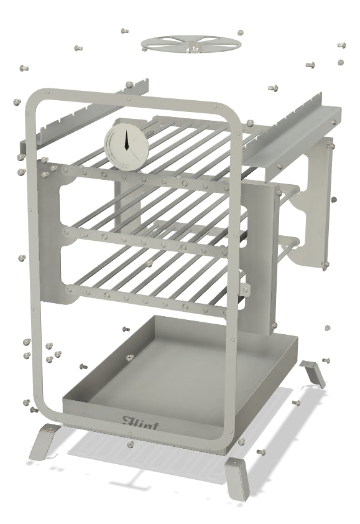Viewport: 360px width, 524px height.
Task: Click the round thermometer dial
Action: [126, 144]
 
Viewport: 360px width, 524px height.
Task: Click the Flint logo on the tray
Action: [140, 423]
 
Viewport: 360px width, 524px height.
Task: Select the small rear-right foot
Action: [313, 372]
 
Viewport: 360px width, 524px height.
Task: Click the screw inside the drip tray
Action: [129, 358]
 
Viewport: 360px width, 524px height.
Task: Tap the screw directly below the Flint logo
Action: [130, 444]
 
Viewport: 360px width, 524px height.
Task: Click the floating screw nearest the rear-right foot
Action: [326, 359]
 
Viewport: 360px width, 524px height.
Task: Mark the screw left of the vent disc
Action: [125, 30]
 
